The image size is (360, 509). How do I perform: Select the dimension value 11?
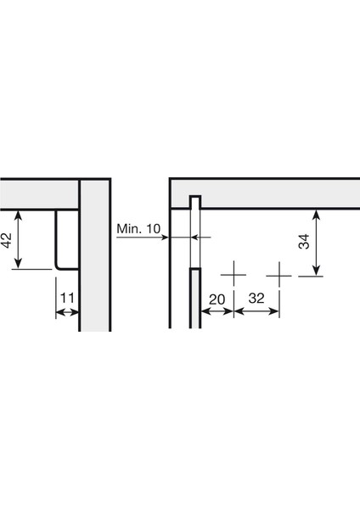coord(68,298)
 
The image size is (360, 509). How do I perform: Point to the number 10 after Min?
coord(151,229)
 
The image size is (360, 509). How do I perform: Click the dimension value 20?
coord(217,299)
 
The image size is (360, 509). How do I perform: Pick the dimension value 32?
coord(256,299)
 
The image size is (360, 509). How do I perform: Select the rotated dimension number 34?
coord(304,243)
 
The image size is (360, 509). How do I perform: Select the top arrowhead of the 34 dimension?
coord(317,214)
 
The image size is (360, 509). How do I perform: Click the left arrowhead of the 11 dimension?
coord(59,313)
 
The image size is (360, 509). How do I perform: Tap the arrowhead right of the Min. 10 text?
coord(167,238)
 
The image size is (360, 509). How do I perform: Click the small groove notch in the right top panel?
coord(194,202)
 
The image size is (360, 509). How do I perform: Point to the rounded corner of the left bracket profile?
coord(59,266)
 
